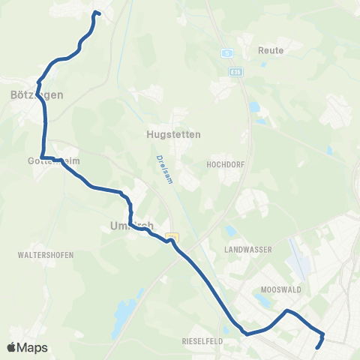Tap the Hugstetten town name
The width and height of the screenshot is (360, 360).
point(169,135)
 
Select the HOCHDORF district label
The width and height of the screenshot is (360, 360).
point(221,162)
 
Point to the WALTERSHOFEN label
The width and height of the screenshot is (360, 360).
point(46,255)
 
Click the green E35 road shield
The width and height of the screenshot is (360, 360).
point(235,71)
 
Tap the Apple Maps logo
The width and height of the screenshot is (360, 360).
point(27,347)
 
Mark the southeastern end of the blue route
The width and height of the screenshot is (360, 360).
point(319,347)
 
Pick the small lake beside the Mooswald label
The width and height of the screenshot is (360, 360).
point(262,301)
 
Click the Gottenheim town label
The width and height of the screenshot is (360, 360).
point(53,160)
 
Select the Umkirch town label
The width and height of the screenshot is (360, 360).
point(131,225)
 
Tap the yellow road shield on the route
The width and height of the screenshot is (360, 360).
point(173,237)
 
